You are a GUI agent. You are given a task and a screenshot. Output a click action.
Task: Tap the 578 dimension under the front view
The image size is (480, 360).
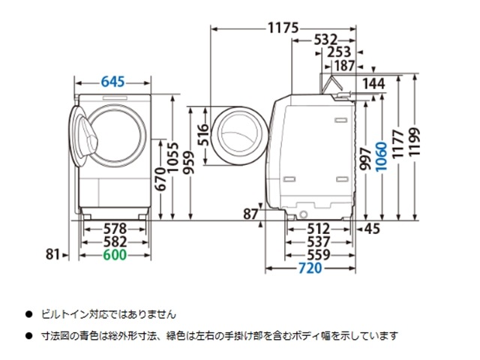point(114,228)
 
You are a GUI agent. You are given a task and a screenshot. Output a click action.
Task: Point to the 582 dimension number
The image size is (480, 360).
point(114,241)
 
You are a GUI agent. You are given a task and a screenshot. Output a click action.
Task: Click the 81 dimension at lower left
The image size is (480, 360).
point(52,255)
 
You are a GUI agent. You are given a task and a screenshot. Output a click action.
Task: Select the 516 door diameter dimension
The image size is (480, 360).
point(202,134)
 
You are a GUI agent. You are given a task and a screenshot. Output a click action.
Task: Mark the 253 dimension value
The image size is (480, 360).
point(339,52)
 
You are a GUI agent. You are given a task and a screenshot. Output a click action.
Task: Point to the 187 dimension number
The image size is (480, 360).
point(345,66)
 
